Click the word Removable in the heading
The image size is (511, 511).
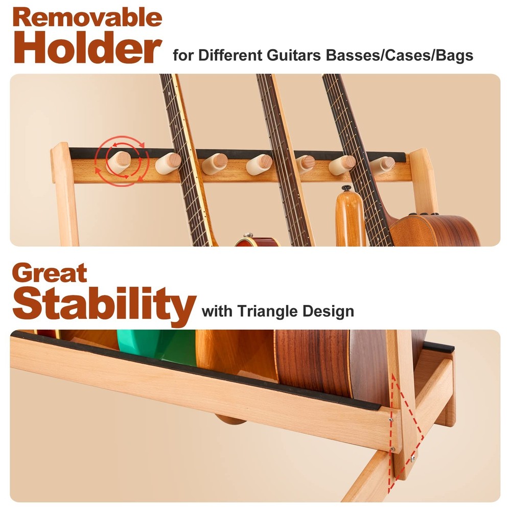(87, 18)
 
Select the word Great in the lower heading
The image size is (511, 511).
(50, 274)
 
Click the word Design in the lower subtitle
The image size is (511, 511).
(330, 311)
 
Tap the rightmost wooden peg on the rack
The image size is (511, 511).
(383, 164)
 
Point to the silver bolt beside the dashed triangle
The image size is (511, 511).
(412, 459)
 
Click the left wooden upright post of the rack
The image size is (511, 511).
(64, 194)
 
